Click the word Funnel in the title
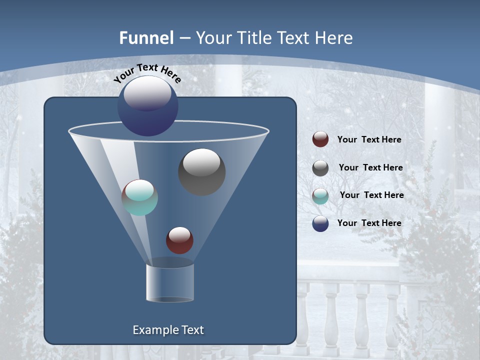(146, 38)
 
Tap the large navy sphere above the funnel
(147, 106)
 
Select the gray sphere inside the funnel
(201, 171)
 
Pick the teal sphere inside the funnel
(139, 197)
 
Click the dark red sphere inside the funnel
(179, 240)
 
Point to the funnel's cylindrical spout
(169, 282)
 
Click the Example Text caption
(168, 330)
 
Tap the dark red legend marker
(320, 139)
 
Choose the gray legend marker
(320, 167)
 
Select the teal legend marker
(320, 195)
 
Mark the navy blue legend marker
(320, 223)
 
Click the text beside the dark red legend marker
(369, 139)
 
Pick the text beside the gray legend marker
(370, 167)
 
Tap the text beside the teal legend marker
(371, 195)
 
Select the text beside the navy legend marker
(369, 223)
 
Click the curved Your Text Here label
(147, 72)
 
